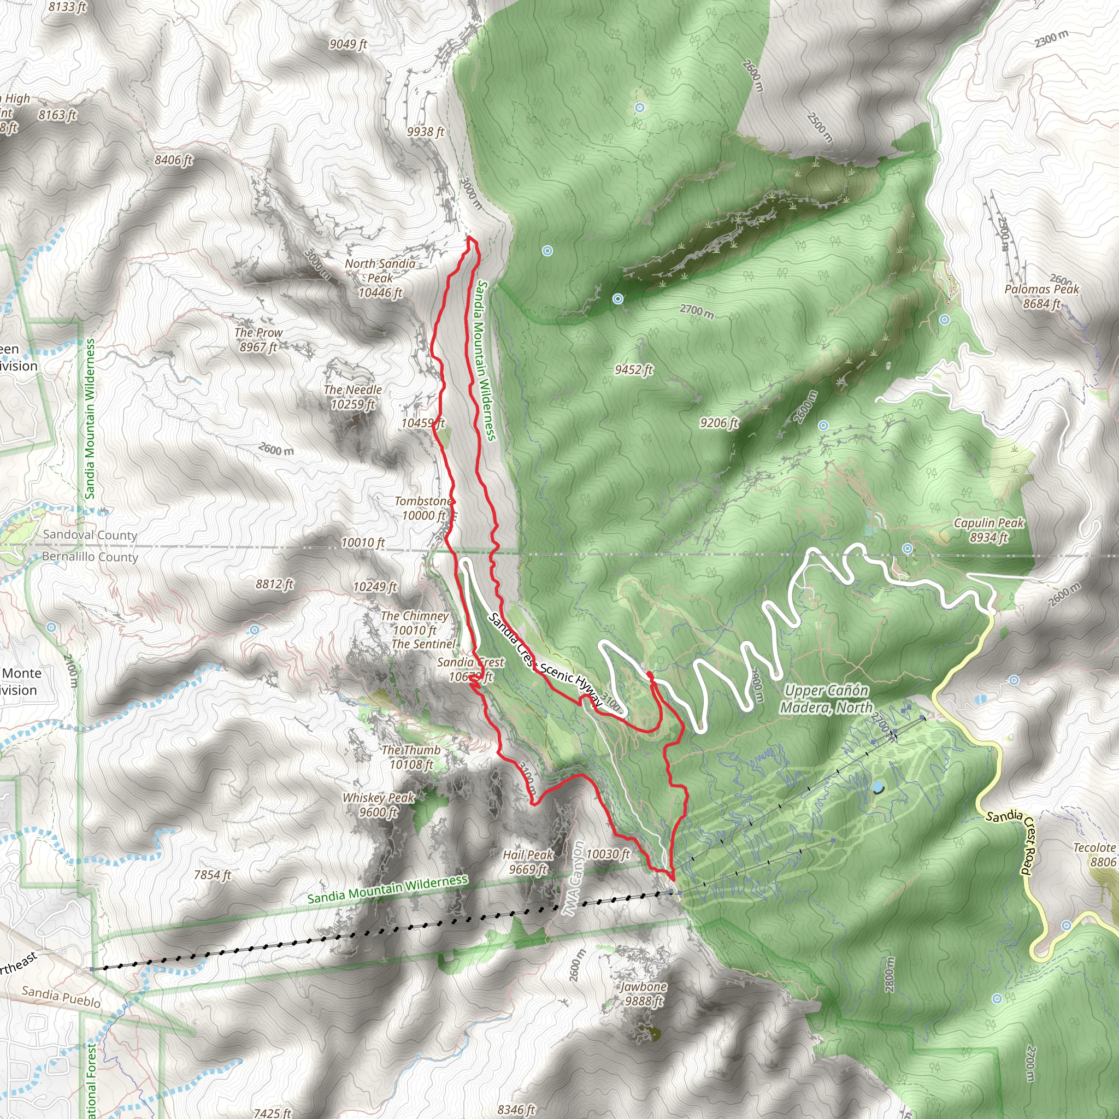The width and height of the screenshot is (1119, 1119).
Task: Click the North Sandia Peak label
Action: pos(380,278)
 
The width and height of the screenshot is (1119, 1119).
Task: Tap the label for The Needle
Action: pos(353,397)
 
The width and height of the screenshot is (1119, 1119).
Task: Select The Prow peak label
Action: pos(258,339)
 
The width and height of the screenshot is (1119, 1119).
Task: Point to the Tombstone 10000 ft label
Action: pos(424,508)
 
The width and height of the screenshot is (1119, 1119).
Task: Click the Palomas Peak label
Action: pos(1042,296)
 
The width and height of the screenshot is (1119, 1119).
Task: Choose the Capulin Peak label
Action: pos(988,530)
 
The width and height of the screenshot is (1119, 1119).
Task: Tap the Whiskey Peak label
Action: pos(378,804)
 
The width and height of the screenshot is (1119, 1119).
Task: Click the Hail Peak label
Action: pos(528,862)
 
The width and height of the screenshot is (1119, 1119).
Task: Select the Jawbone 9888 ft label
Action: pos(644,993)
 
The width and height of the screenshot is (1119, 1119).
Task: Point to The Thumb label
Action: pos(411,757)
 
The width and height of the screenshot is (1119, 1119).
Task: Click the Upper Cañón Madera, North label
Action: pos(827,698)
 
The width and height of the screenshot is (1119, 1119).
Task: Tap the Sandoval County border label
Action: pos(90,534)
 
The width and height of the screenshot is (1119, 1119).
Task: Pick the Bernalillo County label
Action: pos(90,557)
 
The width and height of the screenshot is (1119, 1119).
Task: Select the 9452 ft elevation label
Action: pos(634,369)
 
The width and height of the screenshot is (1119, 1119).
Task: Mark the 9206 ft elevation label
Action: pos(719,423)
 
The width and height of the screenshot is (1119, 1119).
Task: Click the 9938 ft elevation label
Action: pos(425,132)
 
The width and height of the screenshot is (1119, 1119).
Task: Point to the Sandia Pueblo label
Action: pos(61,996)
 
